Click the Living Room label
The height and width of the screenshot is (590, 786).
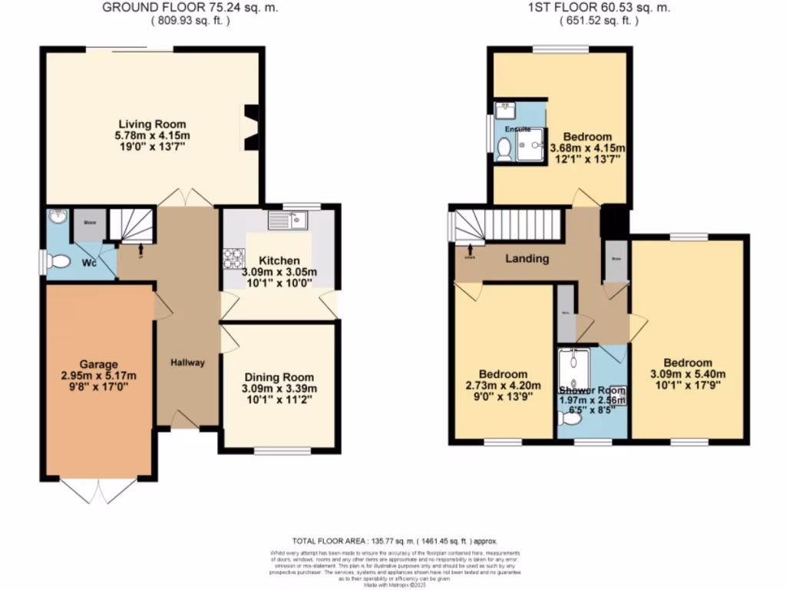[151, 124]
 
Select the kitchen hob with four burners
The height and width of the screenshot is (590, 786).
[233, 259]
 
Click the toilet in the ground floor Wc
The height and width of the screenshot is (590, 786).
[58, 262]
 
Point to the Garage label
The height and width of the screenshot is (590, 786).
[99, 363]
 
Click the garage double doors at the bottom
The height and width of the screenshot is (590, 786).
[99, 490]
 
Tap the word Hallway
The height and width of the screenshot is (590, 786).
[187, 363]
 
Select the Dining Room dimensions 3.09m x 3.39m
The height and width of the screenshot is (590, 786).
[279, 389]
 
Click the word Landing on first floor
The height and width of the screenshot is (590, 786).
[527, 258]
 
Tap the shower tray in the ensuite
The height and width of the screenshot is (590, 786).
[530, 146]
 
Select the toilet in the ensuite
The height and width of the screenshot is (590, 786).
[504, 148]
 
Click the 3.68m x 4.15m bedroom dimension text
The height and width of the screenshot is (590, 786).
[589, 148]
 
